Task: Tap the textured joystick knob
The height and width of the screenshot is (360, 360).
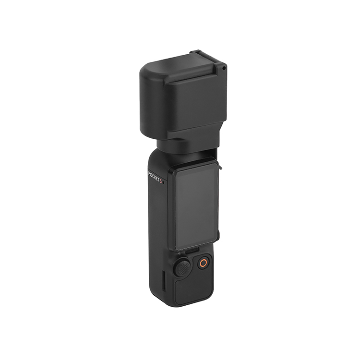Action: (183, 268)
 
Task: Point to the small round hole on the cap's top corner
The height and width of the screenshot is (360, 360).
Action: (223, 68)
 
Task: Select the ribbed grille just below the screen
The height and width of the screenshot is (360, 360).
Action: (192, 250)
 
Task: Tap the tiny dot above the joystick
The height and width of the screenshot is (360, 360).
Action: (179, 253)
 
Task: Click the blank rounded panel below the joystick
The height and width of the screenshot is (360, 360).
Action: (193, 291)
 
